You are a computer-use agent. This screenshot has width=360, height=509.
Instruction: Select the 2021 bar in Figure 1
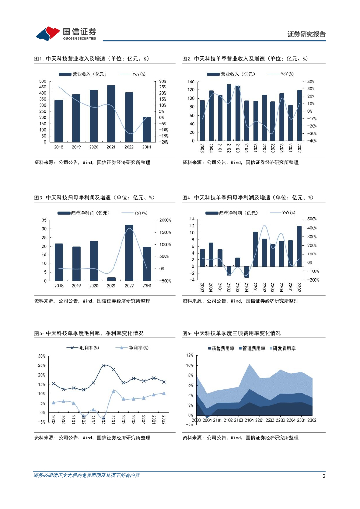(111, 114)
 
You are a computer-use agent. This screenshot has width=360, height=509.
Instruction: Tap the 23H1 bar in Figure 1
(147, 129)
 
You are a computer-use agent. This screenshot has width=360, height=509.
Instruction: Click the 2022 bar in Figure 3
(129, 253)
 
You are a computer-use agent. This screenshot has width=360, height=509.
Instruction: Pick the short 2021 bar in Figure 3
(111, 279)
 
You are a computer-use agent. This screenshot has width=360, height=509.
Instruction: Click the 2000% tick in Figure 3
(165, 220)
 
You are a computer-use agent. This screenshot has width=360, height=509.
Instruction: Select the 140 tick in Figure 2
(191, 81)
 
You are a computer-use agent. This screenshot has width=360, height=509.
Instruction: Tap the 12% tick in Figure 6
(189, 355)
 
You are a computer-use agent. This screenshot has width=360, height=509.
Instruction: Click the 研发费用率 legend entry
(281, 348)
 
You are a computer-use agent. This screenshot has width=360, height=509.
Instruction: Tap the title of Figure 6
(232, 333)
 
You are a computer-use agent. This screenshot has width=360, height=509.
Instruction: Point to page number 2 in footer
(324, 476)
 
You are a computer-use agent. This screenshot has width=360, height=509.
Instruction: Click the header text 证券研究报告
(307, 34)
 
